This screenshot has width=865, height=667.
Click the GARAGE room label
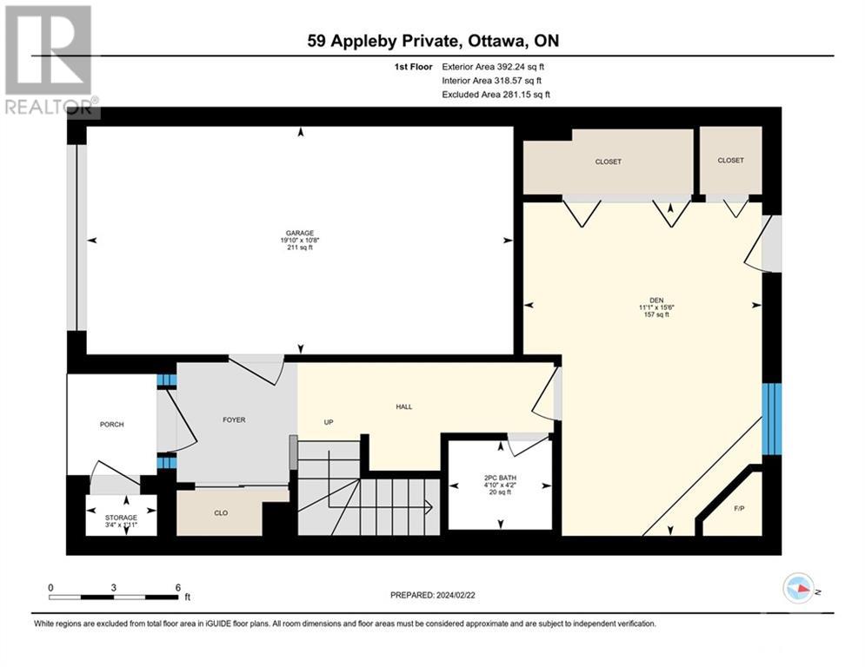pyautogui.click(x=300, y=233)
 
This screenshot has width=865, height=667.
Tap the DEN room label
pyautogui.click(x=656, y=300)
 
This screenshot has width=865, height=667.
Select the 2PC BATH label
pyautogui.click(x=501, y=478)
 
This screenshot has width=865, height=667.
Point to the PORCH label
pyautogui.click(x=111, y=425)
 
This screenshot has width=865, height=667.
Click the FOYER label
pyautogui.click(x=234, y=419)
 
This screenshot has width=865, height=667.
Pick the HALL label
pyautogui.click(x=404, y=406)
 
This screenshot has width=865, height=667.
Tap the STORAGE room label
pyautogui.click(x=121, y=518)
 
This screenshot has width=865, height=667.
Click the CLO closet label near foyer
pyautogui.click(x=221, y=512)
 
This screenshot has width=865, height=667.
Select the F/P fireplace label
pyautogui.click(x=739, y=508)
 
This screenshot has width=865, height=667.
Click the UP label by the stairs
pyautogui.click(x=329, y=422)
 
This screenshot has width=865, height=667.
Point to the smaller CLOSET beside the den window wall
pyautogui.click(x=730, y=160)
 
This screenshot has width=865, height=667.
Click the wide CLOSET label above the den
pyautogui.click(x=608, y=162)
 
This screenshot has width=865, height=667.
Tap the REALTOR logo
pyautogui.click(x=50, y=60)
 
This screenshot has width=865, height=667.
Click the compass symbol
pyautogui.click(x=798, y=588)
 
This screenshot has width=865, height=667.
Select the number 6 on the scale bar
pyautogui.click(x=177, y=588)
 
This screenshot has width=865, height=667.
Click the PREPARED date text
pyautogui.click(x=433, y=595)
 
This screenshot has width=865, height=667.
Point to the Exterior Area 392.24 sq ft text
pyautogui.click(x=493, y=67)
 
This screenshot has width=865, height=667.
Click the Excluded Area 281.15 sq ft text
pyautogui.click(x=496, y=95)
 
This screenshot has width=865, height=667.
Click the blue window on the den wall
pyautogui.click(x=772, y=419)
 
